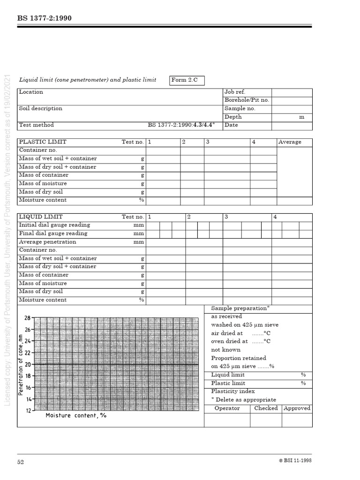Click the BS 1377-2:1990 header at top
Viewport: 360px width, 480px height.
click(45, 18)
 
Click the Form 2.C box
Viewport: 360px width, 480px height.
click(187, 80)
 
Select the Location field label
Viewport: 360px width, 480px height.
click(31, 92)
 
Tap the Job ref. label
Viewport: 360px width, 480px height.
click(235, 92)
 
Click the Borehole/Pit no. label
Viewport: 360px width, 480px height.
click(247, 100)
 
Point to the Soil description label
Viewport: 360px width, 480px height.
click(40, 109)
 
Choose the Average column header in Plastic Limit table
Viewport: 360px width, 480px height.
click(290, 142)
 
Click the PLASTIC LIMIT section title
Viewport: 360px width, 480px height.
click(43, 142)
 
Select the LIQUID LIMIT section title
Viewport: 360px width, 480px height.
click(41, 217)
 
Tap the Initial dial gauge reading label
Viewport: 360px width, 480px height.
click(54, 225)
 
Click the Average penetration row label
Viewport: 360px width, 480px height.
click(47, 242)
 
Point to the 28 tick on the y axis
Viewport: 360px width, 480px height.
click(28, 318)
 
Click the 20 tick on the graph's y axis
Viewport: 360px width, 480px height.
click(28, 364)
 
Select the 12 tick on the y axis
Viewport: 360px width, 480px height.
click(28, 411)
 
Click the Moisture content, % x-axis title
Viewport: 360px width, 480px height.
click(76, 416)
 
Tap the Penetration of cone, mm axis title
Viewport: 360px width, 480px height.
click(21, 364)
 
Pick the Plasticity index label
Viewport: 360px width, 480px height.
click(233, 391)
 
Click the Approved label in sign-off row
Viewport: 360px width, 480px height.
click(297, 408)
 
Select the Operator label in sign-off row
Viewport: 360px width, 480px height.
click(227, 408)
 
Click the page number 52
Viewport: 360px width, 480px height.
click(21, 462)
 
